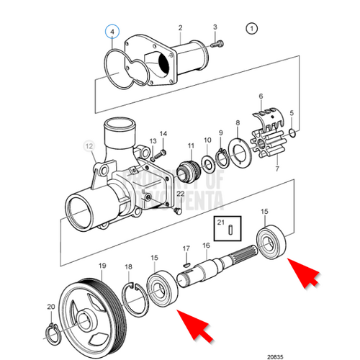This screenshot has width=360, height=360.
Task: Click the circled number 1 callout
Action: click(251, 30)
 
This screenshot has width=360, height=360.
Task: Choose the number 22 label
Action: click(181, 194)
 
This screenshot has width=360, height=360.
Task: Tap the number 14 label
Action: click(163, 134)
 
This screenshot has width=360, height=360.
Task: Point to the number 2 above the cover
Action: click(180, 27)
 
